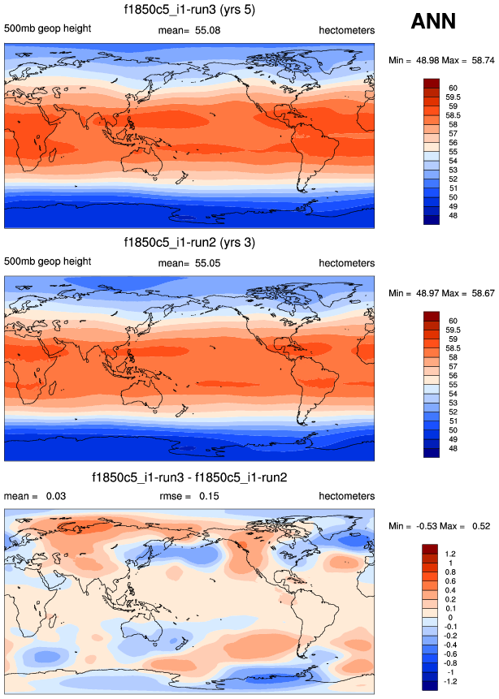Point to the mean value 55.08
tap(207, 30)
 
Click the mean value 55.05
tap(207, 263)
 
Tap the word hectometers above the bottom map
tap(346, 496)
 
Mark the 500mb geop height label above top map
tap(47, 30)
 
